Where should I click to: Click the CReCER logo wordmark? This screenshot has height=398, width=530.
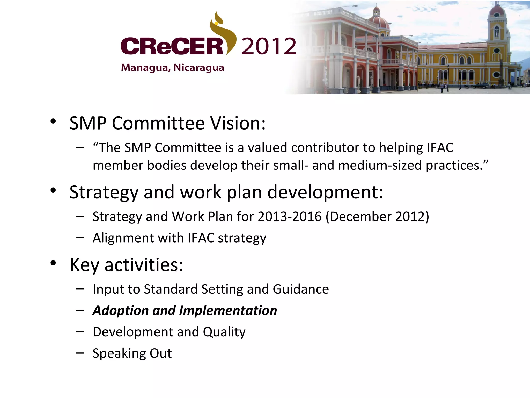tap(172, 46)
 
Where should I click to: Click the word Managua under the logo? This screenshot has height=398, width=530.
tap(145, 68)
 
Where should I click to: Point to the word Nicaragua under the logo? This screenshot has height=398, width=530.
tap(199, 68)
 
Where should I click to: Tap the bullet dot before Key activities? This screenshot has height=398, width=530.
tap(53, 263)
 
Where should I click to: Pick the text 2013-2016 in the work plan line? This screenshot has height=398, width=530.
tap(289, 216)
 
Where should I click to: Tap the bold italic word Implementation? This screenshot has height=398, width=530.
tap(228, 310)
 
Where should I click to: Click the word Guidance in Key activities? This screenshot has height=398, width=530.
tap(301, 289)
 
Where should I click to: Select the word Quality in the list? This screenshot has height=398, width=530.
tap(224, 332)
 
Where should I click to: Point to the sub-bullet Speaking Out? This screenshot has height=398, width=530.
tap(132, 353)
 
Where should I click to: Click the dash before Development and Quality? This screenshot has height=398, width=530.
tap(80, 332)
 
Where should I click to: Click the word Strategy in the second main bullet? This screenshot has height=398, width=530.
tap(104, 193)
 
